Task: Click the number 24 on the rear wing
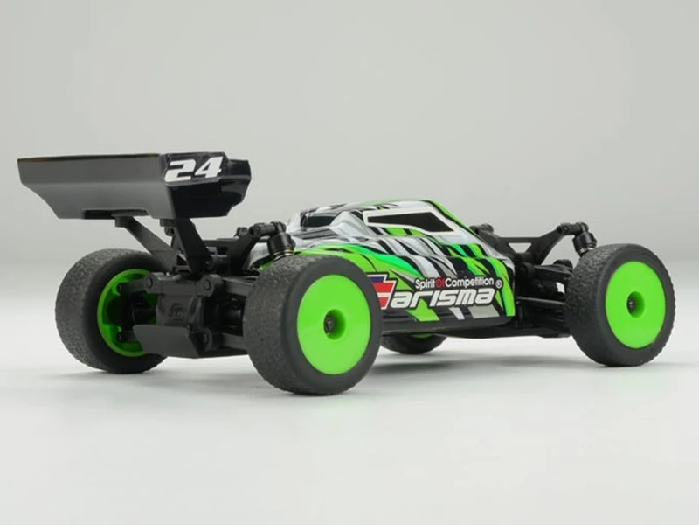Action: click(193, 168)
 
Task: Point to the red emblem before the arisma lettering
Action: click(381, 290)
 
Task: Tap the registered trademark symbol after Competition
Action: click(499, 283)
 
